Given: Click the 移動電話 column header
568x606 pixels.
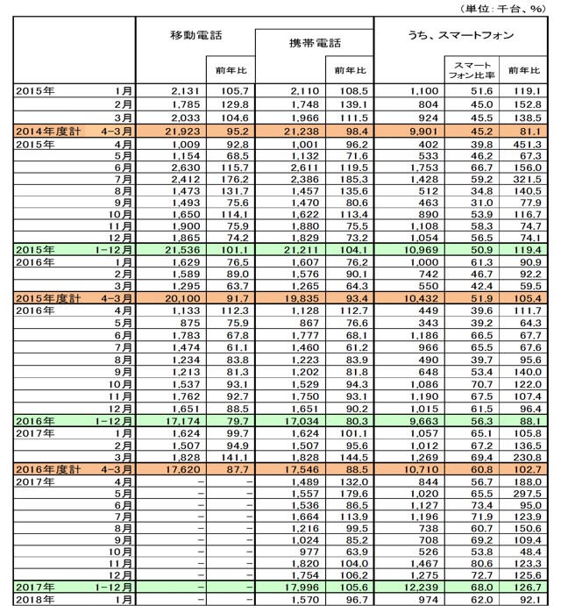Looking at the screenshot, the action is (x=195, y=36).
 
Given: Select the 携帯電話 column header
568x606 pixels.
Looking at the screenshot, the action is (x=315, y=43).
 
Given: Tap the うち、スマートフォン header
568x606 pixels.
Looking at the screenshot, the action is (x=460, y=36).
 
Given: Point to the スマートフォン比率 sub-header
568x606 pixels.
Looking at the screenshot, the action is (x=472, y=70).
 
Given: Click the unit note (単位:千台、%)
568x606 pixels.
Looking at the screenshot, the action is (x=503, y=9).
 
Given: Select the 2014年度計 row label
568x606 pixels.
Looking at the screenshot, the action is (x=48, y=132).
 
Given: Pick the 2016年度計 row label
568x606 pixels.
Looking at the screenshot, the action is (x=48, y=469).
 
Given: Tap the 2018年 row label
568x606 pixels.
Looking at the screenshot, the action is (x=35, y=600).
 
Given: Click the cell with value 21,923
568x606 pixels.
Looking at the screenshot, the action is (x=183, y=132).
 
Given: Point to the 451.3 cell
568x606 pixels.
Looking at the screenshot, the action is (x=528, y=145).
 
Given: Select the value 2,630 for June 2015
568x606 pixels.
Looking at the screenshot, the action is (x=186, y=168).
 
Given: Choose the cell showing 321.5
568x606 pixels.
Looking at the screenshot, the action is (x=528, y=179).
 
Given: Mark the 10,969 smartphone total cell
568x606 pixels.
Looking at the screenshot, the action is (x=421, y=250).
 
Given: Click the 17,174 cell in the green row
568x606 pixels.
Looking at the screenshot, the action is (x=183, y=421).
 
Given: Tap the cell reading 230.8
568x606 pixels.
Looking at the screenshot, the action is (x=528, y=458).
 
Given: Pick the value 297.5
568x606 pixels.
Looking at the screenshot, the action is (x=528, y=494).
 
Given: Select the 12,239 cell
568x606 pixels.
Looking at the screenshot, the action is (x=421, y=588).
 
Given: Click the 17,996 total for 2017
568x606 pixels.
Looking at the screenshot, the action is (x=302, y=588).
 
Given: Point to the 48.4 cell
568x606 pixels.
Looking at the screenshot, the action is (x=530, y=552).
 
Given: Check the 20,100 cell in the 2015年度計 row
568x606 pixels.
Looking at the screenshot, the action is (x=183, y=298).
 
